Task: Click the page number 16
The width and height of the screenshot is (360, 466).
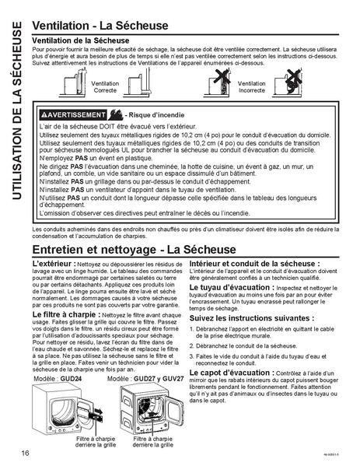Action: (x=26, y=453)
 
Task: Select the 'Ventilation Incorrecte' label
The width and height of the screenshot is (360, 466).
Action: (x=252, y=86)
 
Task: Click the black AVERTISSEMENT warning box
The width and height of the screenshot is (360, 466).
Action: (x=75, y=114)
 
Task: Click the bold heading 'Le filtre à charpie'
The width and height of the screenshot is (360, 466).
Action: (x=64, y=314)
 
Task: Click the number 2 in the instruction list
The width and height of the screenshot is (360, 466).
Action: (x=193, y=344)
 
